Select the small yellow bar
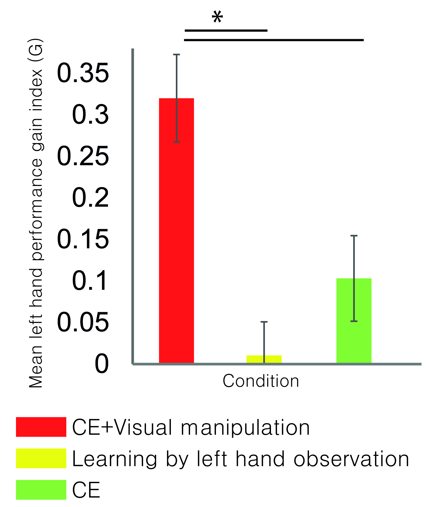click(x=264, y=359)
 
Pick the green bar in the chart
click(x=354, y=321)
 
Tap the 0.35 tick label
click(x=83, y=73)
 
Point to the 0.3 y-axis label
click(x=90, y=115)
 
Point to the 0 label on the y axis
click(x=102, y=364)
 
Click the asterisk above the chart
click(x=217, y=17)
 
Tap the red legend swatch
click(x=41, y=427)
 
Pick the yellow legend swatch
click(x=41, y=458)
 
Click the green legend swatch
click(x=41, y=490)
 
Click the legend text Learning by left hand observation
click(x=241, y=459)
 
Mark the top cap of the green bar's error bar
click(x=354, y=236)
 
